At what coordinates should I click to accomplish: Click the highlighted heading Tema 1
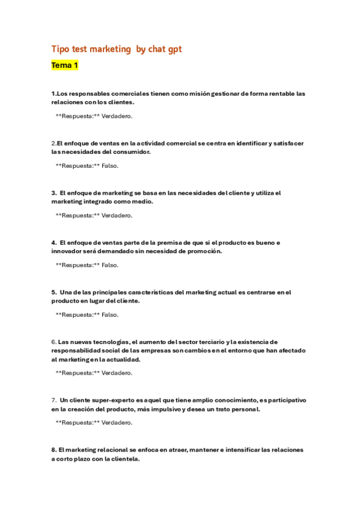pos(65,65)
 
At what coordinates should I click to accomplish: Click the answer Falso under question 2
pos(110,165)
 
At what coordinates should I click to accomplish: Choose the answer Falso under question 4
pos(110,265)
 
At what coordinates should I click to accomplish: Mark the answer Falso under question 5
pos(110,315)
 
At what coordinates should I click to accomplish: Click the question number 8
pos(53,450)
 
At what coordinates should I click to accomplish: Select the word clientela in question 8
pos(123,459)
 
